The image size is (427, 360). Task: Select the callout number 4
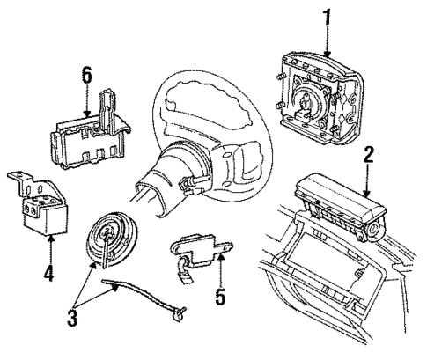[49, 273]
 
